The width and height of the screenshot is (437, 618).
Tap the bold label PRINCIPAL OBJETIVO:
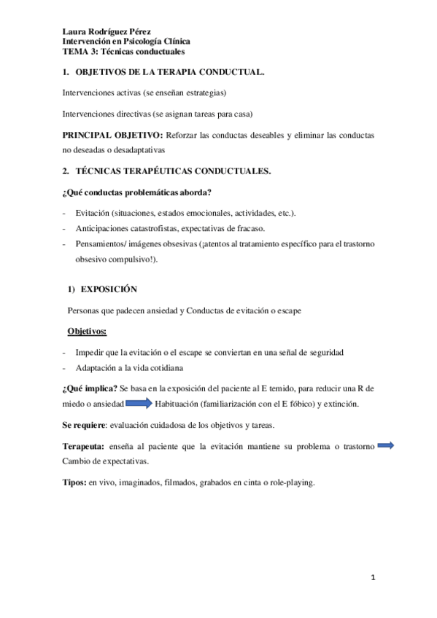click(x=112, y=136)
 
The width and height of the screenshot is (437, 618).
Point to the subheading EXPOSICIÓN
click(x=109, y=289)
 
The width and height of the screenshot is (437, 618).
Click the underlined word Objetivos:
click(x=87, y=332)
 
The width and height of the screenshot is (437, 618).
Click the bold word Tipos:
click(x=74, y=482)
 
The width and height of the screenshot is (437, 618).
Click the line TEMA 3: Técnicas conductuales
click(x=123, y=52)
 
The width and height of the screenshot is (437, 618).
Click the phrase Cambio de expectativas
click(x=106, y=461)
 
